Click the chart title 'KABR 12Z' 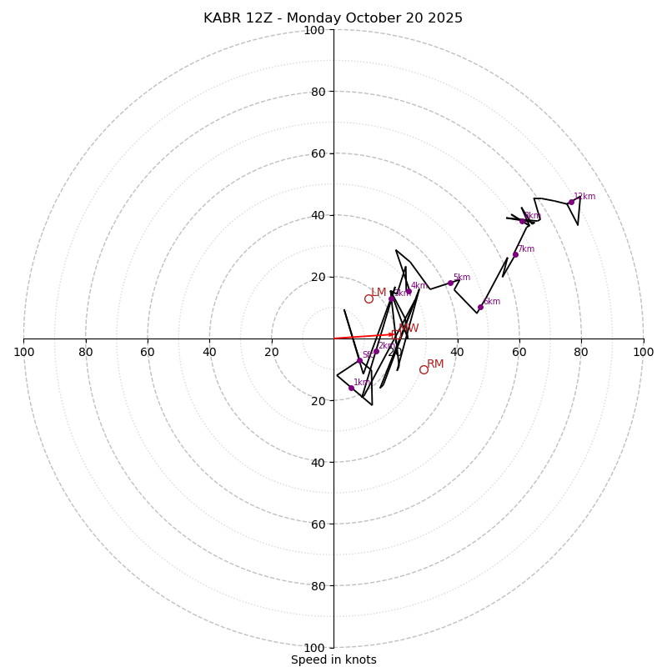click(x=333, y=18)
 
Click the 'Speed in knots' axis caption click(x=333, y=659)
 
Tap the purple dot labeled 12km click(x=571, y=203)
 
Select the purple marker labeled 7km click(x=515, y=254)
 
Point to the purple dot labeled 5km click(x=450, y=283)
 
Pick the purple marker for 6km click(x=480, y=307)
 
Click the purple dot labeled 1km click(x=351, y=388)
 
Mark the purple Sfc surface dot click(x=359, y=361)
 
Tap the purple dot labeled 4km click(x=409, y=291)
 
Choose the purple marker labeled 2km click(x=376, y=351)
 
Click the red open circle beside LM click(x=369, y=298)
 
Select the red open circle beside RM click(x=424, y=369)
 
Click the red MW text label click(x=409, y=328)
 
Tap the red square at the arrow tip click(x=395, y=334)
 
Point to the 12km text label click(x=584, y=197)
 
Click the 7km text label click(x=526, y=248)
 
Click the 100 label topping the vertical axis click(x=314, y=30)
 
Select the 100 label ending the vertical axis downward click(x=314, y=648)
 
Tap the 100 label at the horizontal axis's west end click(x=23, y=352)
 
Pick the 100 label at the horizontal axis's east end click(x=643, y=352)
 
